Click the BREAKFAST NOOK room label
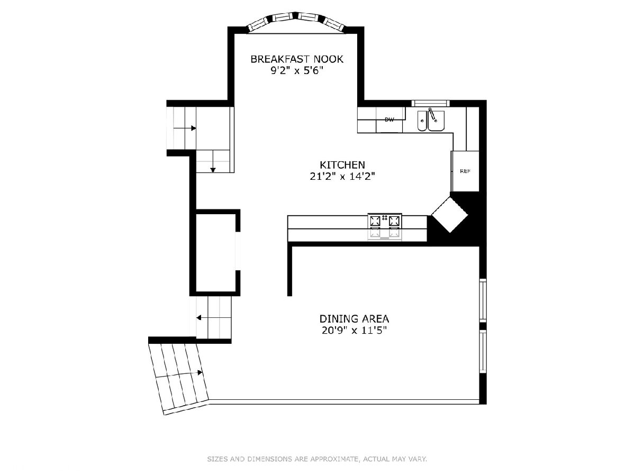click(297, 59)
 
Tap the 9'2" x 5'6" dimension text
click(296, 70)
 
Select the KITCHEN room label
click(342, 164)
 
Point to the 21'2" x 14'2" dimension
click(342, 176)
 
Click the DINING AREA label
click(354, 319)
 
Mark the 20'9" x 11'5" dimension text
click(354, 331)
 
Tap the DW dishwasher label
click(389, 120)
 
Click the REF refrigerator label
click(465, 171)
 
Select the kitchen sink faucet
click(432, 115)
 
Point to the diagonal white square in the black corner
click(450, 214)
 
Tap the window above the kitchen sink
click(431, 103)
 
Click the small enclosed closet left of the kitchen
click(215, 253)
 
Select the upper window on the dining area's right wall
click(483, 300)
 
